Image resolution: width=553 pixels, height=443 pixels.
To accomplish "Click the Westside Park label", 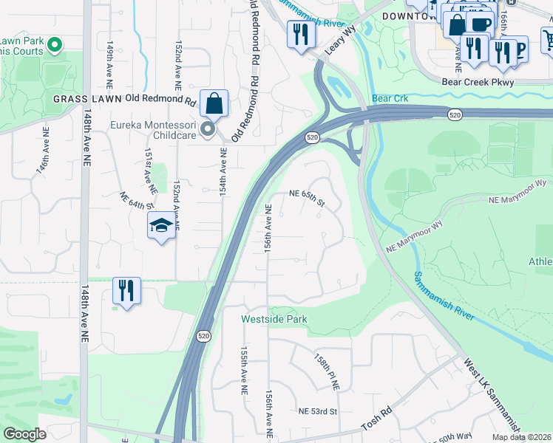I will coord(274,319).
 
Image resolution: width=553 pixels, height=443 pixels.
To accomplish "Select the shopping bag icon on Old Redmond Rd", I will coord(214,105).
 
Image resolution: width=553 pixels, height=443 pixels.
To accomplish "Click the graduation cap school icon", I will coord(160,227).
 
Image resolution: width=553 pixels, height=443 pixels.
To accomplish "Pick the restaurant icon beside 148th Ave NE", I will coord(126,290).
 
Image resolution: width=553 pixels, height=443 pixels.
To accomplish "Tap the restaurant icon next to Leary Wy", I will coord(300,36).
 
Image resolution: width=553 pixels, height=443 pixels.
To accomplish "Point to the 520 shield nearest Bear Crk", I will coord(455,113).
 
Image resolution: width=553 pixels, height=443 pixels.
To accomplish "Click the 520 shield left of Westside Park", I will coord(204,336).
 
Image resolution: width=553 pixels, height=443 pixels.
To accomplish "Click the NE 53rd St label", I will coord(318,411).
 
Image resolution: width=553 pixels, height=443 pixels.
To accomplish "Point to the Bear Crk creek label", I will coord(390,98).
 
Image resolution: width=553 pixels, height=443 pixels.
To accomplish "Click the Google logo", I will coord(24,434).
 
